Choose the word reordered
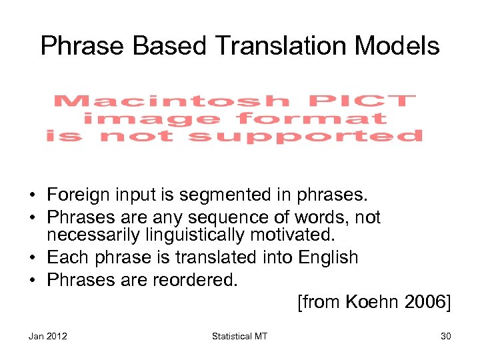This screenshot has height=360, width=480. [194, 280]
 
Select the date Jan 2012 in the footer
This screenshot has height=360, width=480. [47, 336]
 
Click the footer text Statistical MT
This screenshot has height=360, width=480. [239, 336]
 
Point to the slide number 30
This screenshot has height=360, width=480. [445, 336]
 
